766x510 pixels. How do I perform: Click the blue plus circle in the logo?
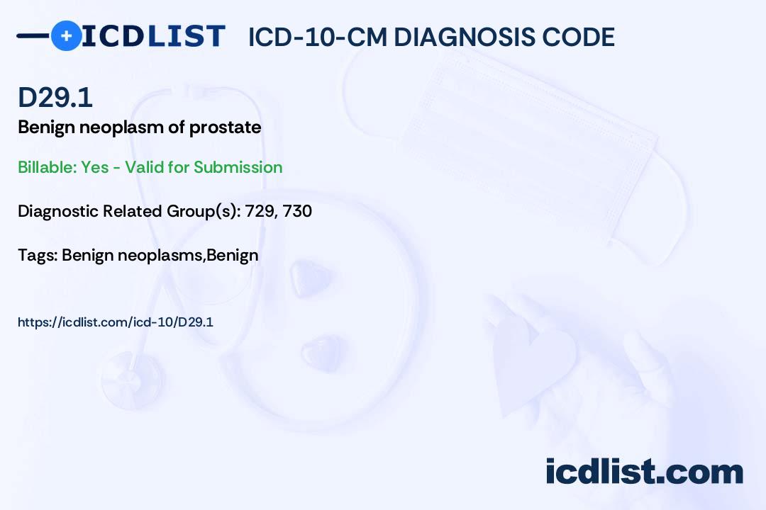(x=66, y=35)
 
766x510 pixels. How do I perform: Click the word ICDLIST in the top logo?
(x=153, y=36)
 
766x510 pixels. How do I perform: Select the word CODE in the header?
(x=572, y=37)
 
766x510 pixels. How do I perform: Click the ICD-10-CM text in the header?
(x=318, y=37)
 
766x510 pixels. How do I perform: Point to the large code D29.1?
(x=55, y=97)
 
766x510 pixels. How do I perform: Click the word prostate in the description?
(x=226, y=128)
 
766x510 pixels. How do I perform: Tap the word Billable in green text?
(x=48, y=167)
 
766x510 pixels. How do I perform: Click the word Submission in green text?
(x=238, y=167)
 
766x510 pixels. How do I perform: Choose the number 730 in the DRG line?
(x=297, y=211)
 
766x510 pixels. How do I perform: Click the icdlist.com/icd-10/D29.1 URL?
(x=116, y=322)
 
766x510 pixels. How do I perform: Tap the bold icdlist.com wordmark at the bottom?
(x=644, y=472)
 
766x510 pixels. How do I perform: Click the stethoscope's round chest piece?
(x=132, y=380)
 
